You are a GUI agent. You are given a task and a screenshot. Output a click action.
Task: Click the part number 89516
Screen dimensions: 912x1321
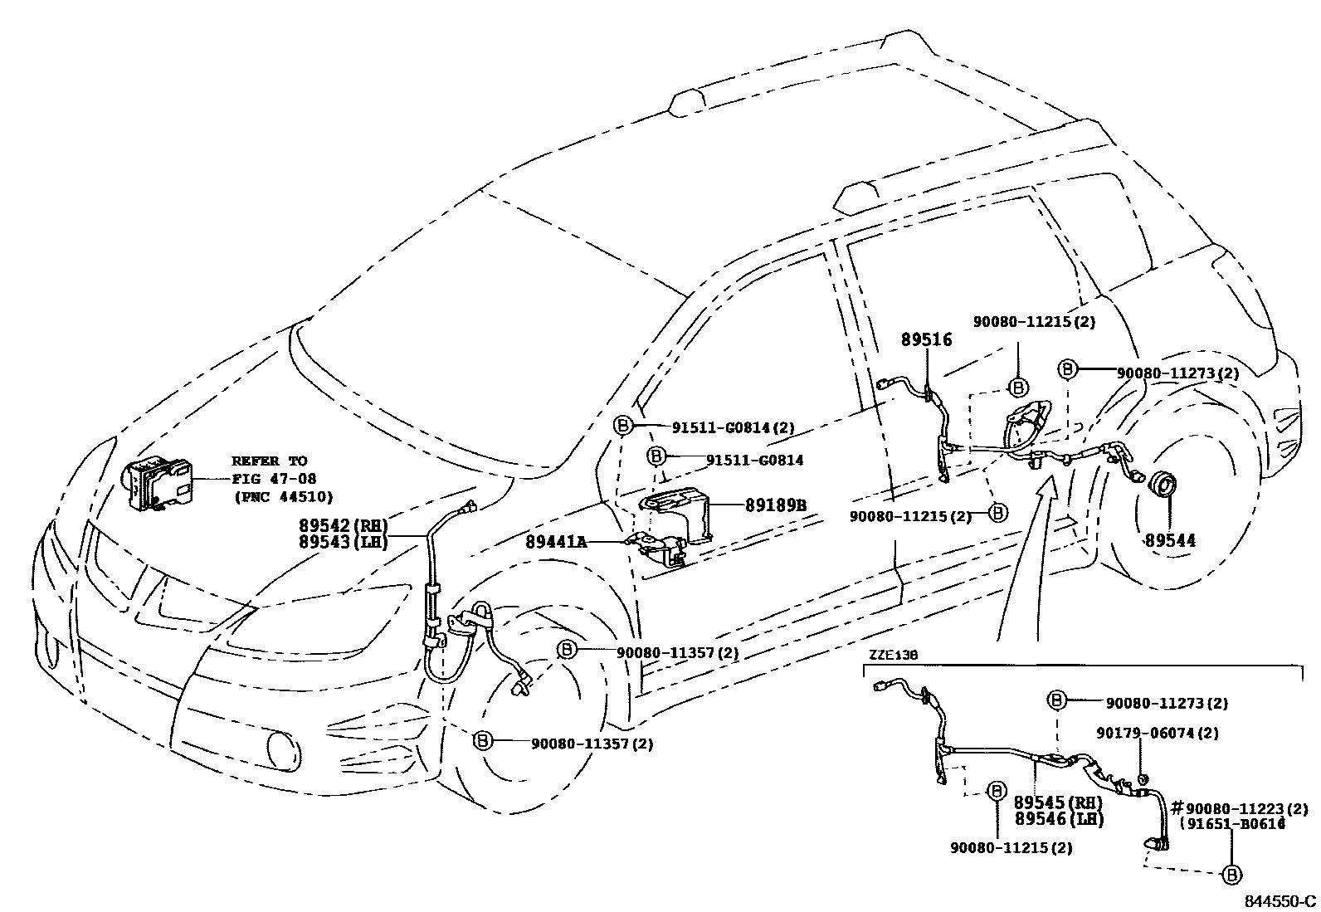pyautogui.click(x=927, y=339)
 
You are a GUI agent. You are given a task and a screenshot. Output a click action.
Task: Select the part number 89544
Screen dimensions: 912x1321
pyautogui.click(x=1170, y=540)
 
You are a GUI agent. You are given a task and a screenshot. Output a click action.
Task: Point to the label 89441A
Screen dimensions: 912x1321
pyautogui.click(x=555, y=542)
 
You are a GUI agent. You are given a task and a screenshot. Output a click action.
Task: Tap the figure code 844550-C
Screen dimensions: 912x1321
pyautogui.click(x=1279, y=901)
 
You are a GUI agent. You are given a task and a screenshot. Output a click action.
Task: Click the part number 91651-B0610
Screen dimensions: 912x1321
pyautogui.click(x=1233, y=824)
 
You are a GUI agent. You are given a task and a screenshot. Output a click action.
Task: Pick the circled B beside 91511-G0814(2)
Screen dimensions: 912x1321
pyautogui.click(x=622, y=427)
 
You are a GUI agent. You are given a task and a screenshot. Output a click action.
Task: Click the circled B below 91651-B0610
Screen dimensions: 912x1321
pyautogui.click(x=1232, y=874)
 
